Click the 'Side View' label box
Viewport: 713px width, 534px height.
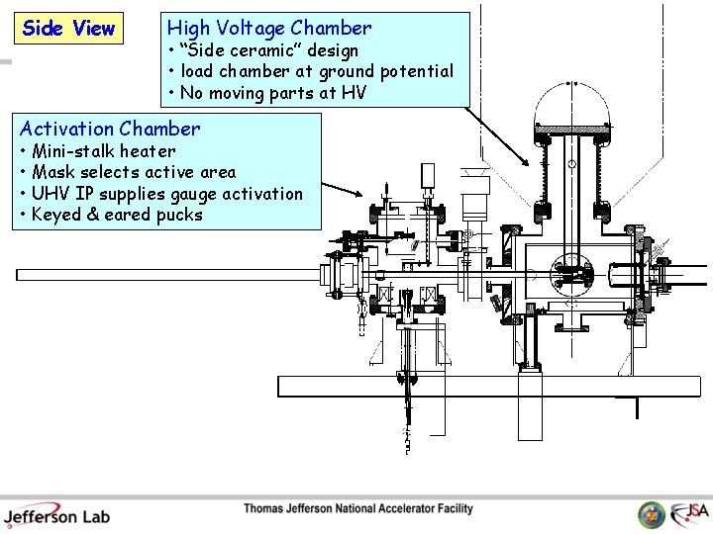68,29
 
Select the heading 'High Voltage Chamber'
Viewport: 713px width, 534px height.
269,29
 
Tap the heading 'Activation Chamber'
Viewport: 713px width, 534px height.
110,129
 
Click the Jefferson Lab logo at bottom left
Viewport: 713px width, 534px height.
56,514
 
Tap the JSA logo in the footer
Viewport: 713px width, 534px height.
689,513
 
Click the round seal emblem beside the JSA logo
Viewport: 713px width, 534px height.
652,515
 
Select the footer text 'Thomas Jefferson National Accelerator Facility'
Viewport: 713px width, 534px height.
358,509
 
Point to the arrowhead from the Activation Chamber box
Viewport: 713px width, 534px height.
363,197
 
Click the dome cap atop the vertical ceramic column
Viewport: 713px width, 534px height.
572,107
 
